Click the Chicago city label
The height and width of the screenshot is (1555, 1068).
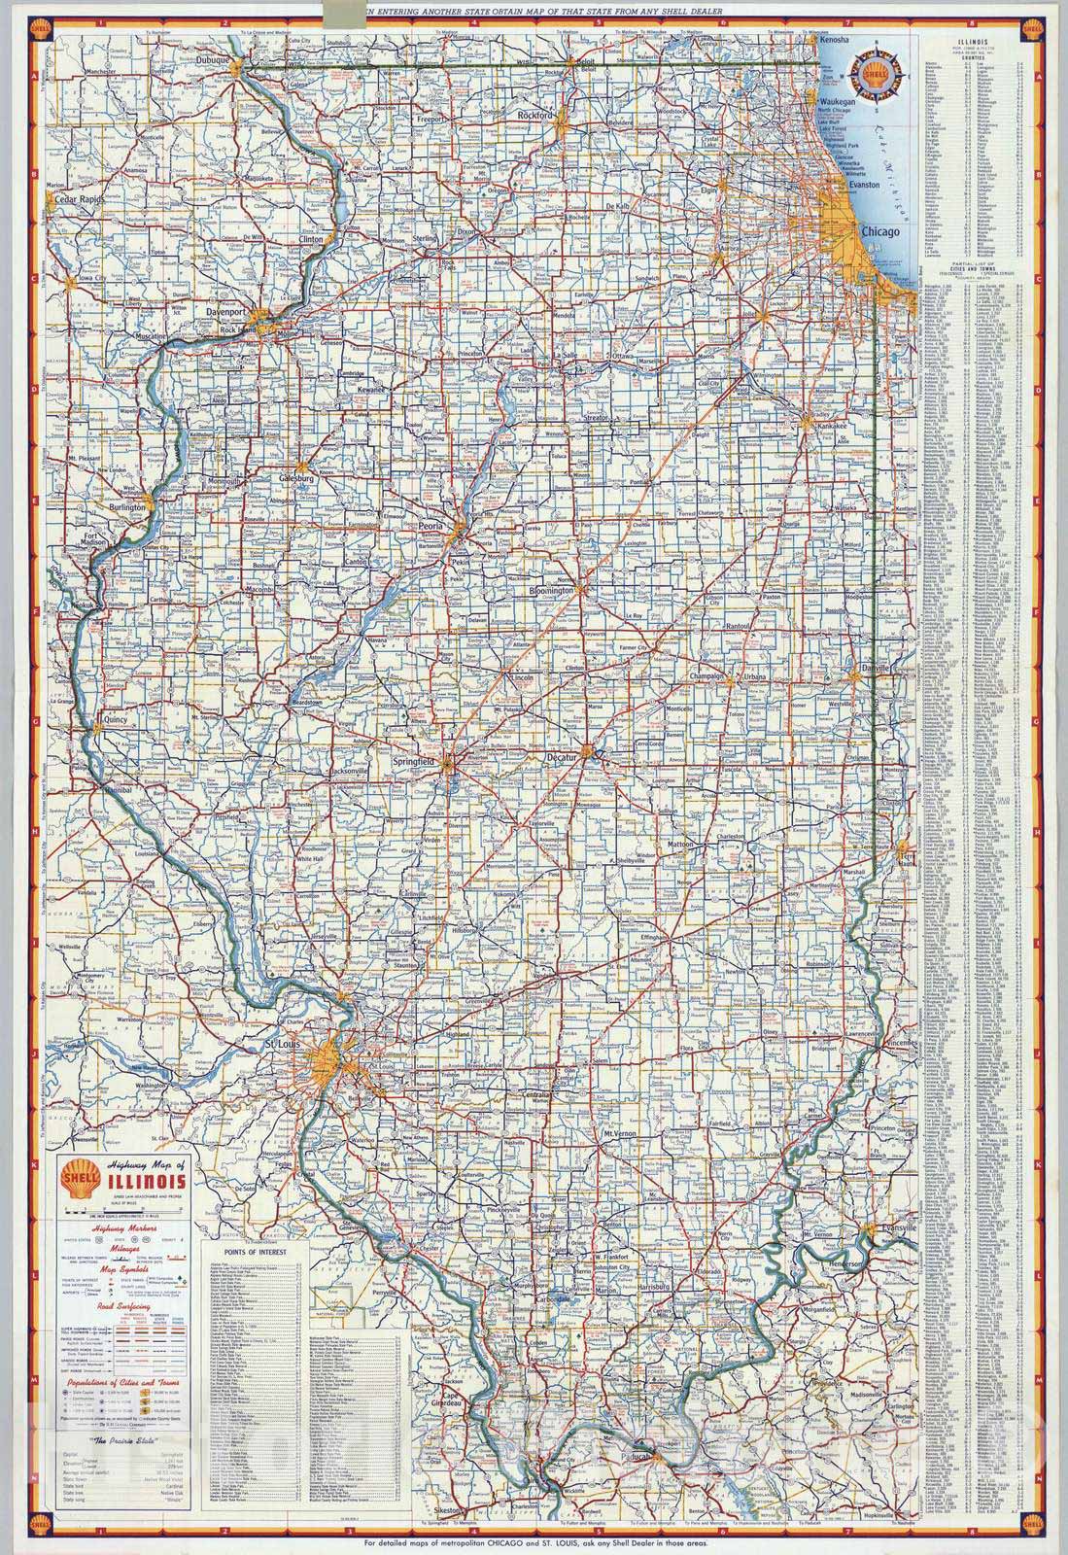pos(880,233)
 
